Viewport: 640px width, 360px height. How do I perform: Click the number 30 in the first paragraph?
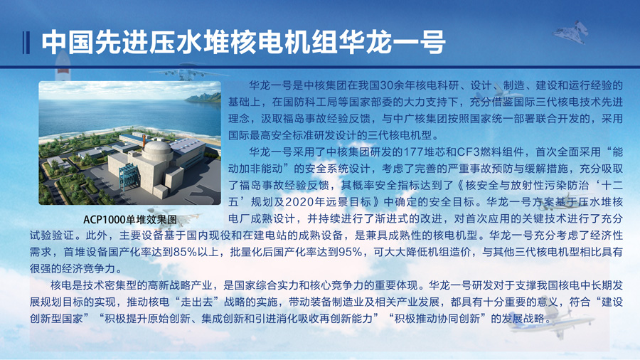[387, 85]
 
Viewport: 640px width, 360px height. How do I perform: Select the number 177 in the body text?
[412, 152]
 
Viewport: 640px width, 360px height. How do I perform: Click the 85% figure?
[186, 253]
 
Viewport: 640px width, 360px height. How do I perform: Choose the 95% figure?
[351, 253]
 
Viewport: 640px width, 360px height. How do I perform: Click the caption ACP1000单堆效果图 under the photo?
[130, 220]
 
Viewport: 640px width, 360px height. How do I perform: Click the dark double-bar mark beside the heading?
[26, 43]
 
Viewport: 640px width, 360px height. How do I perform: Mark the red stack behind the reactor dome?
[144, 139]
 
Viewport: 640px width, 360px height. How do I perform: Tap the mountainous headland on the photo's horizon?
[203, 98]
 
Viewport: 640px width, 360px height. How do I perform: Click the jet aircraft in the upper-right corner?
[570, 31]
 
